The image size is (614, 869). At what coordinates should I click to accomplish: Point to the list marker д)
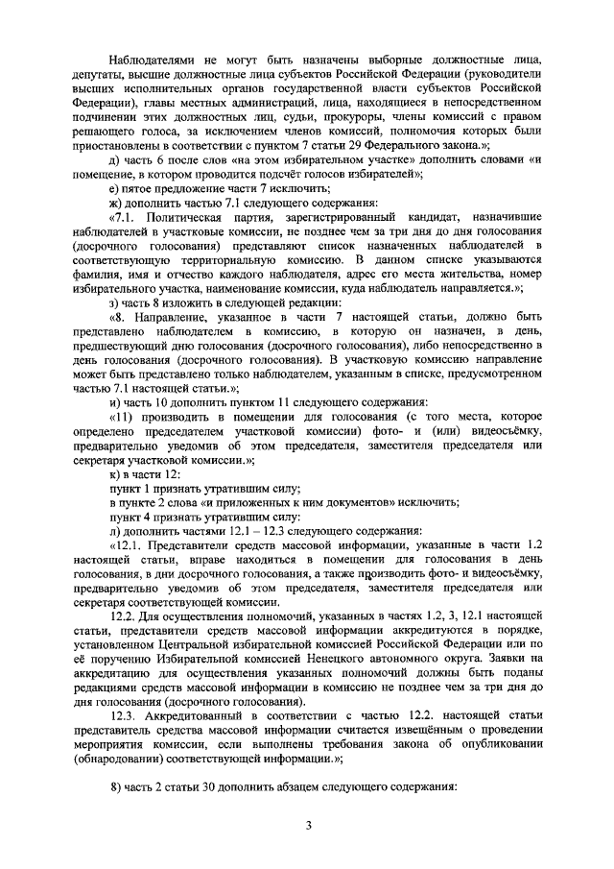point(115,158)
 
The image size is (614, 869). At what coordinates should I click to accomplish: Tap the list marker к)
point(115,476)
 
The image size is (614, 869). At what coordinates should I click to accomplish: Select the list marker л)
point(115,530)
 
